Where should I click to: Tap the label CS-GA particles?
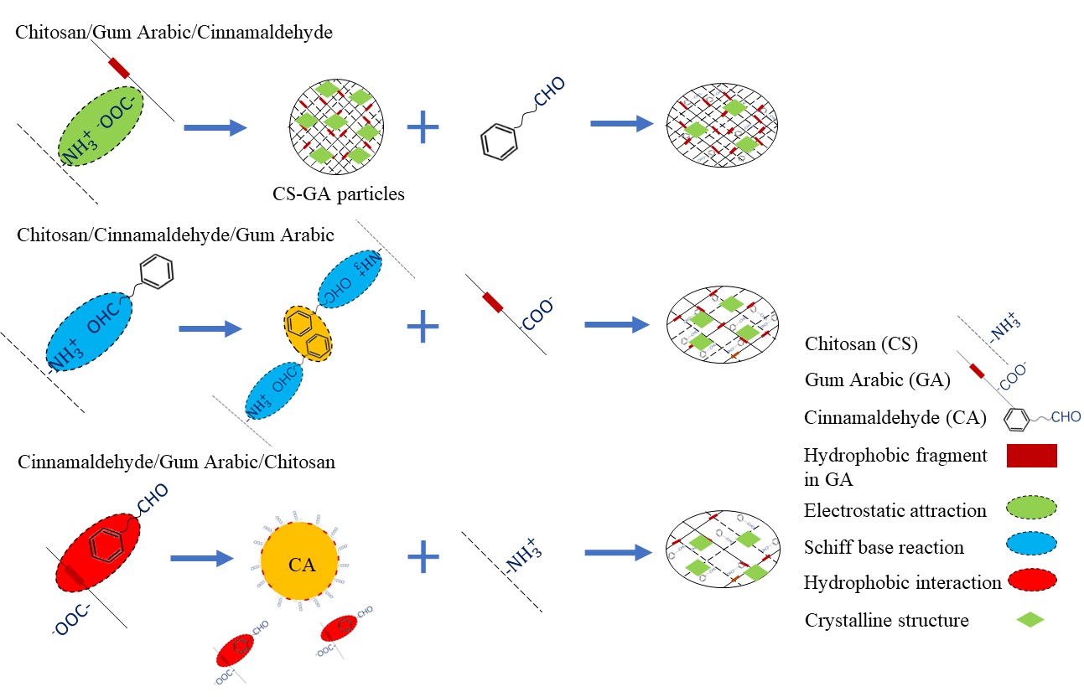(x=339, y=194)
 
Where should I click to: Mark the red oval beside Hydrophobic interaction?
(x=1028, y=583)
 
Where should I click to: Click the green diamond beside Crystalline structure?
(x=1029, y=620)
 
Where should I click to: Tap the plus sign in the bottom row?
(x=423, y=555)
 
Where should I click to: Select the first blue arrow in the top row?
(x=215, y=127)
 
